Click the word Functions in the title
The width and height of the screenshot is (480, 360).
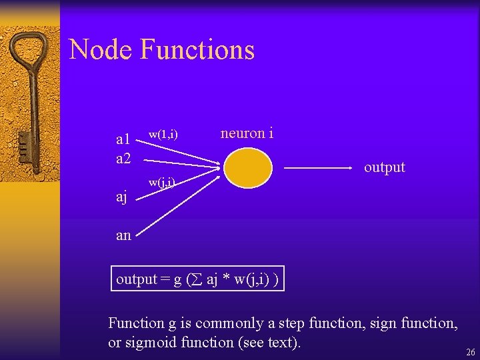[197, 50]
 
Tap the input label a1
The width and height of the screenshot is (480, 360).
[123, 140]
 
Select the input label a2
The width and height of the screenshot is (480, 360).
[123, 159]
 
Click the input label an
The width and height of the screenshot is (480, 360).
[123, 235]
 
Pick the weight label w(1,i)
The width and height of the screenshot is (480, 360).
[163, 134]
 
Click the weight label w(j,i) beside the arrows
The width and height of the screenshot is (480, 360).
[162, 181]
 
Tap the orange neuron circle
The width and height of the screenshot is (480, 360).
[248, 167]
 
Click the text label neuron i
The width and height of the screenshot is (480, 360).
[247, 133]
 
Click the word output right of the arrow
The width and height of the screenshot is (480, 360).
[384, 167]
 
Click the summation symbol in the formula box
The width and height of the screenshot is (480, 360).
[198, 280]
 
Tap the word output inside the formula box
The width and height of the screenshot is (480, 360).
[136, 279]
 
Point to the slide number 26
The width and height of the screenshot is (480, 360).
[470, 353]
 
